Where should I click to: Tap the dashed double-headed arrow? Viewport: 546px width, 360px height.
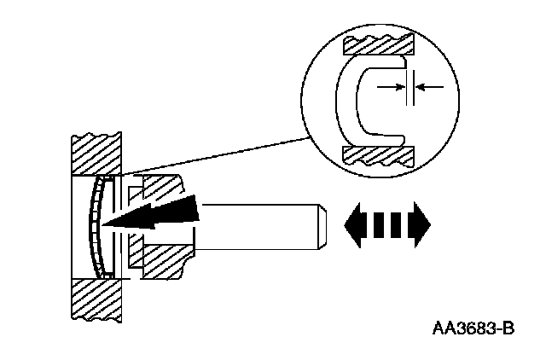pyautogui.click(x=386, y=225)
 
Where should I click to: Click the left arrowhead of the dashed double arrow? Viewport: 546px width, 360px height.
pyautogui.click(x=354, y=225)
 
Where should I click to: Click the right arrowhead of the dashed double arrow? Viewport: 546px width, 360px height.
pyautogui.click(x=420, y=225)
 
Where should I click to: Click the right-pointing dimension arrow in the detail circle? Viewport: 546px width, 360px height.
pyautogui.click(x=392, y=86)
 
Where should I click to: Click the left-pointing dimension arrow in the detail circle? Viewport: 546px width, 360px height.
pyautogui.click(x=429, y=86)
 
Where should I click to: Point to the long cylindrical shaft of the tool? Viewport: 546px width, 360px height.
pyautogui.click(x=256, y=225)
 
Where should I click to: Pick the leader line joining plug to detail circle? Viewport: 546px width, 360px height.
pyautogui.click(x=213, y=154)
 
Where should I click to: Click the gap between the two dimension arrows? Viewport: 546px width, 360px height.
pyautogui.click(x=410, y=86)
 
